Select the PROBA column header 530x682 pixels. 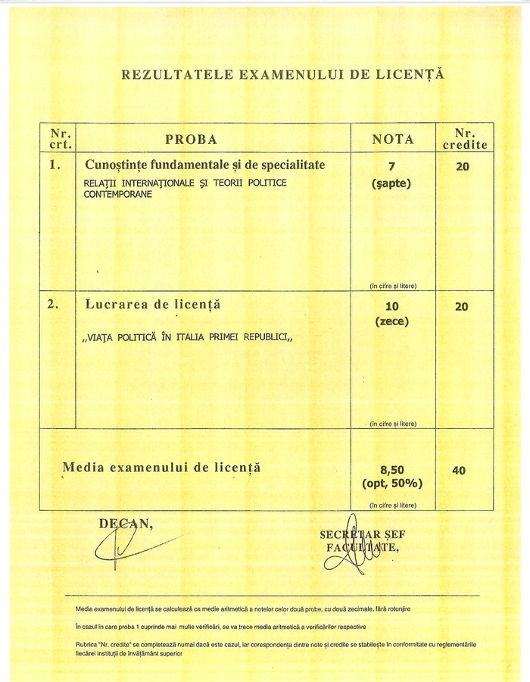192,139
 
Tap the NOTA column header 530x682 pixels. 393,139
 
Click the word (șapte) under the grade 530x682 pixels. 391,183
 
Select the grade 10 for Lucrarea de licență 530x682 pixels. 391,306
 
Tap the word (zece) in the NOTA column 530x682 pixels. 391,321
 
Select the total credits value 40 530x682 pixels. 459,471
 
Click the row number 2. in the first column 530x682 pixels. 53,305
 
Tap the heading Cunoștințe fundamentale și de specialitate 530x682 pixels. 205,164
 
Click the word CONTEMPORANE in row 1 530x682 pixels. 118,194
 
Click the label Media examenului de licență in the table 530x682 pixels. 161,468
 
